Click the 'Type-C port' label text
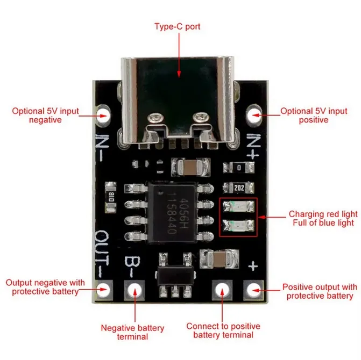pos(177,26)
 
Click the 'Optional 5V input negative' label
pos(46,116)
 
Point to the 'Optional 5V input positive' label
pos(314,116)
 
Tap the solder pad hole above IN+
pos(253,114)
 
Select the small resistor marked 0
pos(239,168)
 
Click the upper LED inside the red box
pos(239,207)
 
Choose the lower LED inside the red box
pos(239,226)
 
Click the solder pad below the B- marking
pos(135,291)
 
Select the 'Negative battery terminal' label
pos(132,332)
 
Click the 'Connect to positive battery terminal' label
pos(223,330)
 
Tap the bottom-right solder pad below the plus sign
pos(253,290)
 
